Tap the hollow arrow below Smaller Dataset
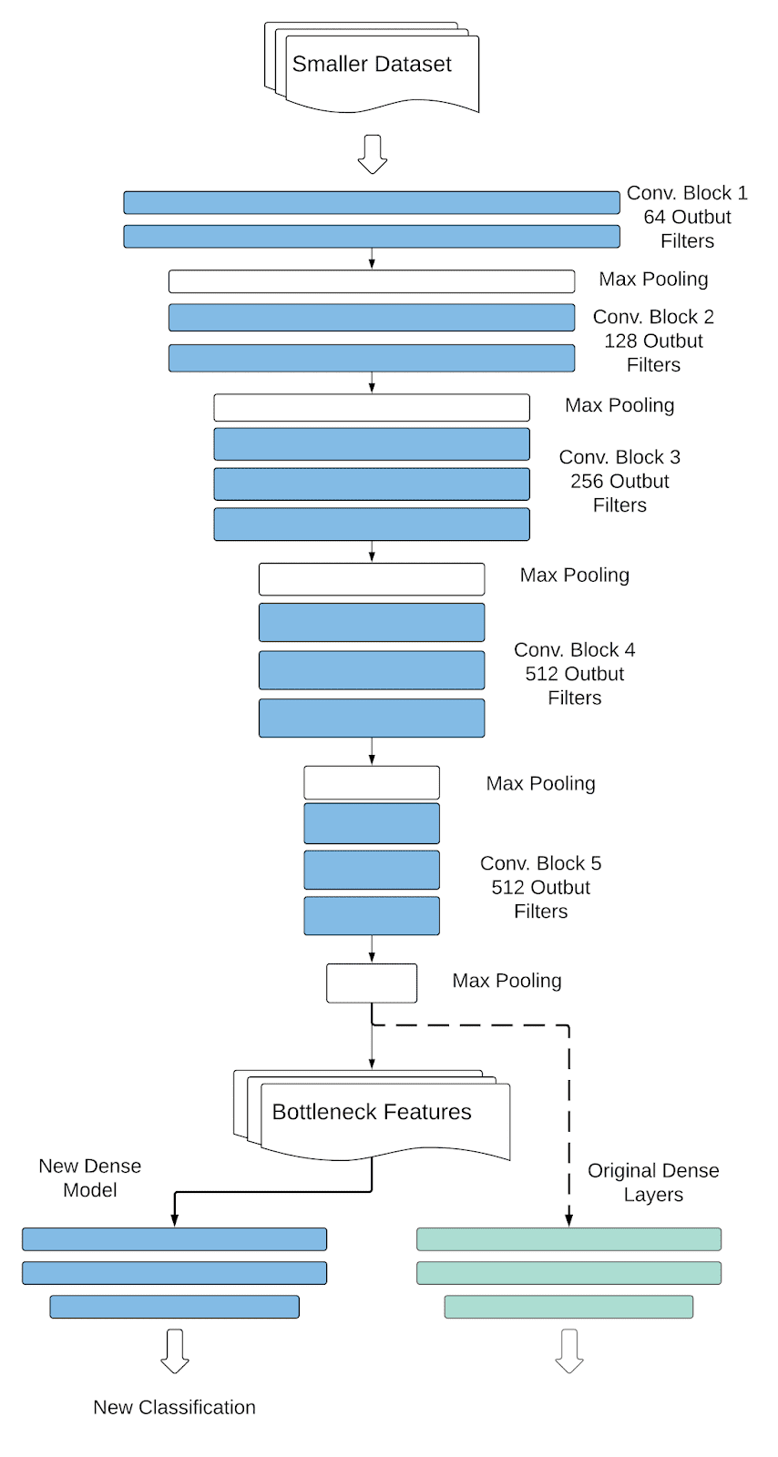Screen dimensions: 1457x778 coord(372,154)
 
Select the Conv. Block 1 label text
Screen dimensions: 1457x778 coord(687,193)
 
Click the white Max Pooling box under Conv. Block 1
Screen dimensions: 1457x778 coord(372,281)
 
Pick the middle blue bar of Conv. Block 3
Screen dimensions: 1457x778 coord(372,484)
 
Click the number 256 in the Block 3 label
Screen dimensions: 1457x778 coord(586,481)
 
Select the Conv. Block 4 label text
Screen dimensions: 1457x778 coord(574,650)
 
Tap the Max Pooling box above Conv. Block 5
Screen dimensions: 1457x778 coord(372,782)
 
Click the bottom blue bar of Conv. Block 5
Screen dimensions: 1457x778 coord(372,916)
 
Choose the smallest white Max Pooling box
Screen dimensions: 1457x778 coord(372,983)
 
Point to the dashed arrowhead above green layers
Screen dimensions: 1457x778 coord(568,1218)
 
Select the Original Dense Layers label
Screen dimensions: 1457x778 coord(653,1182)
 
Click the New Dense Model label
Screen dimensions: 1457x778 coord(90,1177)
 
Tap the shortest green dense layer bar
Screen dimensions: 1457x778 coord(568,1307)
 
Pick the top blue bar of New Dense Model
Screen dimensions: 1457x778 coord(174,1239)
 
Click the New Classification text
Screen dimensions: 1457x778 coord(174,1407)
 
